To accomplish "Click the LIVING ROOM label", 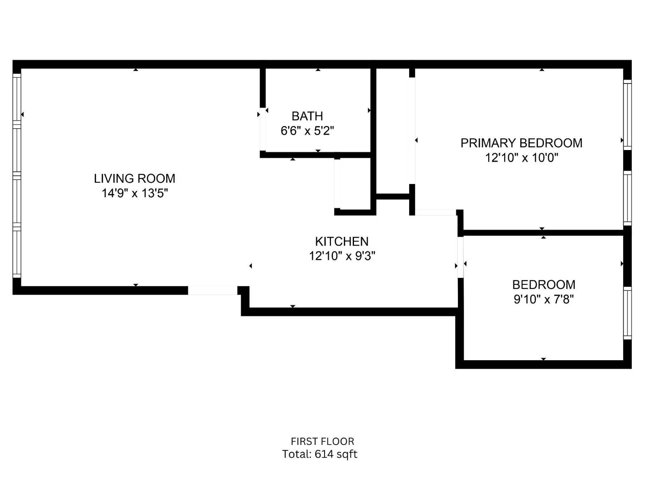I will tap(134, 178).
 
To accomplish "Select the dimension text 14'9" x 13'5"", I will tap(134, 193).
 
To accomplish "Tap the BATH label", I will tap(307, 116).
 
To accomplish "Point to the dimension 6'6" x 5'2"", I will tap(307, 131).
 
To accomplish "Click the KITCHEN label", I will tap(341, 241).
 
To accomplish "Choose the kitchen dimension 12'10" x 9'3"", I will tap(342, 256).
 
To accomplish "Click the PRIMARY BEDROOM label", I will tap(521, 143).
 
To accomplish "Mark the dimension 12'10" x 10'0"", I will tap(521, 158).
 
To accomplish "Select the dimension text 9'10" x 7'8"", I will tap(543, 299).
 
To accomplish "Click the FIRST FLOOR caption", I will tap(322, 441).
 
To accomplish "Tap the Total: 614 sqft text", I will tap(319, 454).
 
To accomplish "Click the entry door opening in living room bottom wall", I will tap(212, 290).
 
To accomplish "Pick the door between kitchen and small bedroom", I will tap(460, 257).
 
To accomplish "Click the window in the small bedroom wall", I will tap(627, 313).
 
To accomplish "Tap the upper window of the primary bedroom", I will tap(627, 115).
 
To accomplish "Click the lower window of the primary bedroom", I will tap(627, 198).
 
